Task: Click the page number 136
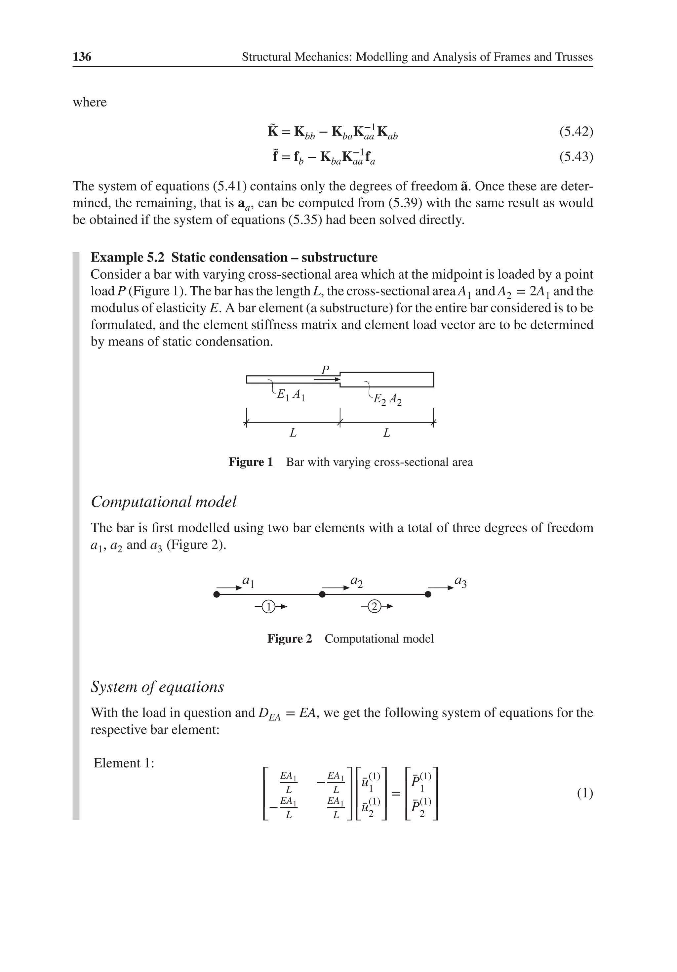click(x=82, y=57)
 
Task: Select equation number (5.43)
click(x=576, y=157)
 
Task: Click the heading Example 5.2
click(x=127, y=258)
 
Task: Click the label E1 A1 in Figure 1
click(x=291, y=395)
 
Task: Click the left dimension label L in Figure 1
click(x=293, y=433)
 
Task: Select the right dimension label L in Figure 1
click(x=386, y=433)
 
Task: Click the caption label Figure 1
click(x=251, y=462)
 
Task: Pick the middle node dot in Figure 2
click(x=322, y=594)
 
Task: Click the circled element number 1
click(x=268, y=607)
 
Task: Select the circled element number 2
click(x=374, y=607)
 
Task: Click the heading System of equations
click(x=157, y=687)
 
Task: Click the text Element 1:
click(x=124, y=763)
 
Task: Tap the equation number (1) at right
click(x=585, y=793)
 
